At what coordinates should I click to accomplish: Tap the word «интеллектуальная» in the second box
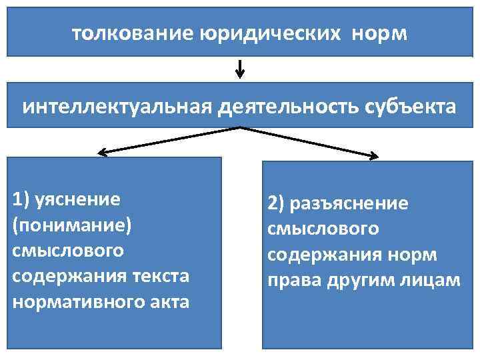point(116,107)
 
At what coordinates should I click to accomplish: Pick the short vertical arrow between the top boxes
point(240,69)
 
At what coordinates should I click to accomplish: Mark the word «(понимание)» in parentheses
point(73,225)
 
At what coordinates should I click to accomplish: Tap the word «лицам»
point(433,281)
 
